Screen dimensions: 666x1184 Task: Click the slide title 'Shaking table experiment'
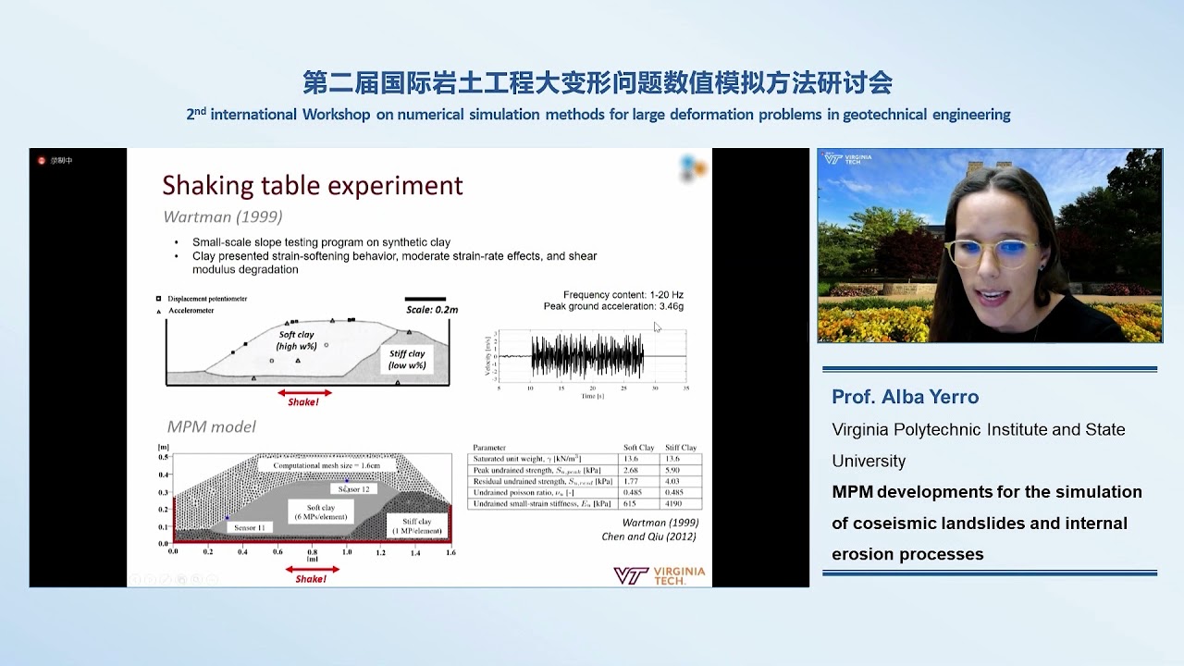coord(313,186)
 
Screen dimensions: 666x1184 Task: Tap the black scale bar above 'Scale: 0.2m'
coord(425,299)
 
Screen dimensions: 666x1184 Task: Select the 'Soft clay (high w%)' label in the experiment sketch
coord(297,339)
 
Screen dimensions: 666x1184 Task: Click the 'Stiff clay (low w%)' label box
coord(407,359)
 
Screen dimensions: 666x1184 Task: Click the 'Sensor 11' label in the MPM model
coord(250,527)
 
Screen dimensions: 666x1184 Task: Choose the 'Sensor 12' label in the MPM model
coord(353,488)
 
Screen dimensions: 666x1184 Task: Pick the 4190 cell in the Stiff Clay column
coord(681,504)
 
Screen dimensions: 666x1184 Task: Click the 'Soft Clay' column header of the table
coord(637,448)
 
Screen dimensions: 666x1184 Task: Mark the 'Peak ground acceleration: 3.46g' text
coord(613,306)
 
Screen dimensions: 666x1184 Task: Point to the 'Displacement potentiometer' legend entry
coord(207,299)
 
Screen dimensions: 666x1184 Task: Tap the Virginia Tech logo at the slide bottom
coord(659,575)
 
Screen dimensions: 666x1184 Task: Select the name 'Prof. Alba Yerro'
coord(905,397)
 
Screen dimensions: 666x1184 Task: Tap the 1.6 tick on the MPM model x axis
coord(450,552)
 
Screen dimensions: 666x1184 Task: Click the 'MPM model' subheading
coord(212,426)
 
